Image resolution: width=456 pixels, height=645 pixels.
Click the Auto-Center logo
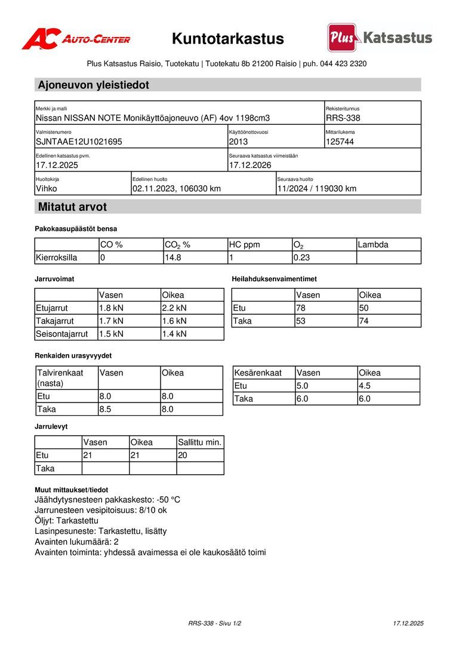click(x=76, y=39)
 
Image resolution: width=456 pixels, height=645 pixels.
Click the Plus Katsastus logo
click(x=380, y=38)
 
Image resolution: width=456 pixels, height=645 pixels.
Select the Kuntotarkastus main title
click(x=228, y=39)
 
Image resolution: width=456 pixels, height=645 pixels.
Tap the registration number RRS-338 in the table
click(x=343, y=118)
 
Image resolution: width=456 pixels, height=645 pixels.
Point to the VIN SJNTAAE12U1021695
click(x=79, y=142)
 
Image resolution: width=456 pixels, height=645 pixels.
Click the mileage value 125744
click(x=340, y=142)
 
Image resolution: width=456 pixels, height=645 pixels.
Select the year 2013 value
click(x=238, y=142)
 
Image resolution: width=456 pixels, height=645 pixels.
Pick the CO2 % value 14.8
click(x=172, y=258)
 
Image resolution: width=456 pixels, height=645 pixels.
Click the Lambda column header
click(x=373, y=245)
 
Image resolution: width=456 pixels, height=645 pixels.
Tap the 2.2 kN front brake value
click(x=174, y=308)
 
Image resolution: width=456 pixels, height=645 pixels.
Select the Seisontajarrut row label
click(x=62, y=334)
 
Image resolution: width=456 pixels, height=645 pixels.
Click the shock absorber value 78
click(x=301, y=308)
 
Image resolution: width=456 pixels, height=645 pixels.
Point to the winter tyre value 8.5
click(x=106, y=410)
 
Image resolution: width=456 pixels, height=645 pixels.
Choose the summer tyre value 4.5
click(x=365, y=386)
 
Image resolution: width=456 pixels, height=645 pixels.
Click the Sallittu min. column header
click(x=200, y=443)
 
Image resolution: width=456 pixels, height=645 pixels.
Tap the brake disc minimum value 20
click(x=183, y=456)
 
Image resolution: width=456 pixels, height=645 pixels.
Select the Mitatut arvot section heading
click(x=72, y=207)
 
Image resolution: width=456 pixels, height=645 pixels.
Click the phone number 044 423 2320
click(x=343, y=63)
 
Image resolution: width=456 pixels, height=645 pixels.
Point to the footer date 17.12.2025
click(x=408, y=623)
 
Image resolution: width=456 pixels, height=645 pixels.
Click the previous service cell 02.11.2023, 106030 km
click(x=177, y=189)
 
